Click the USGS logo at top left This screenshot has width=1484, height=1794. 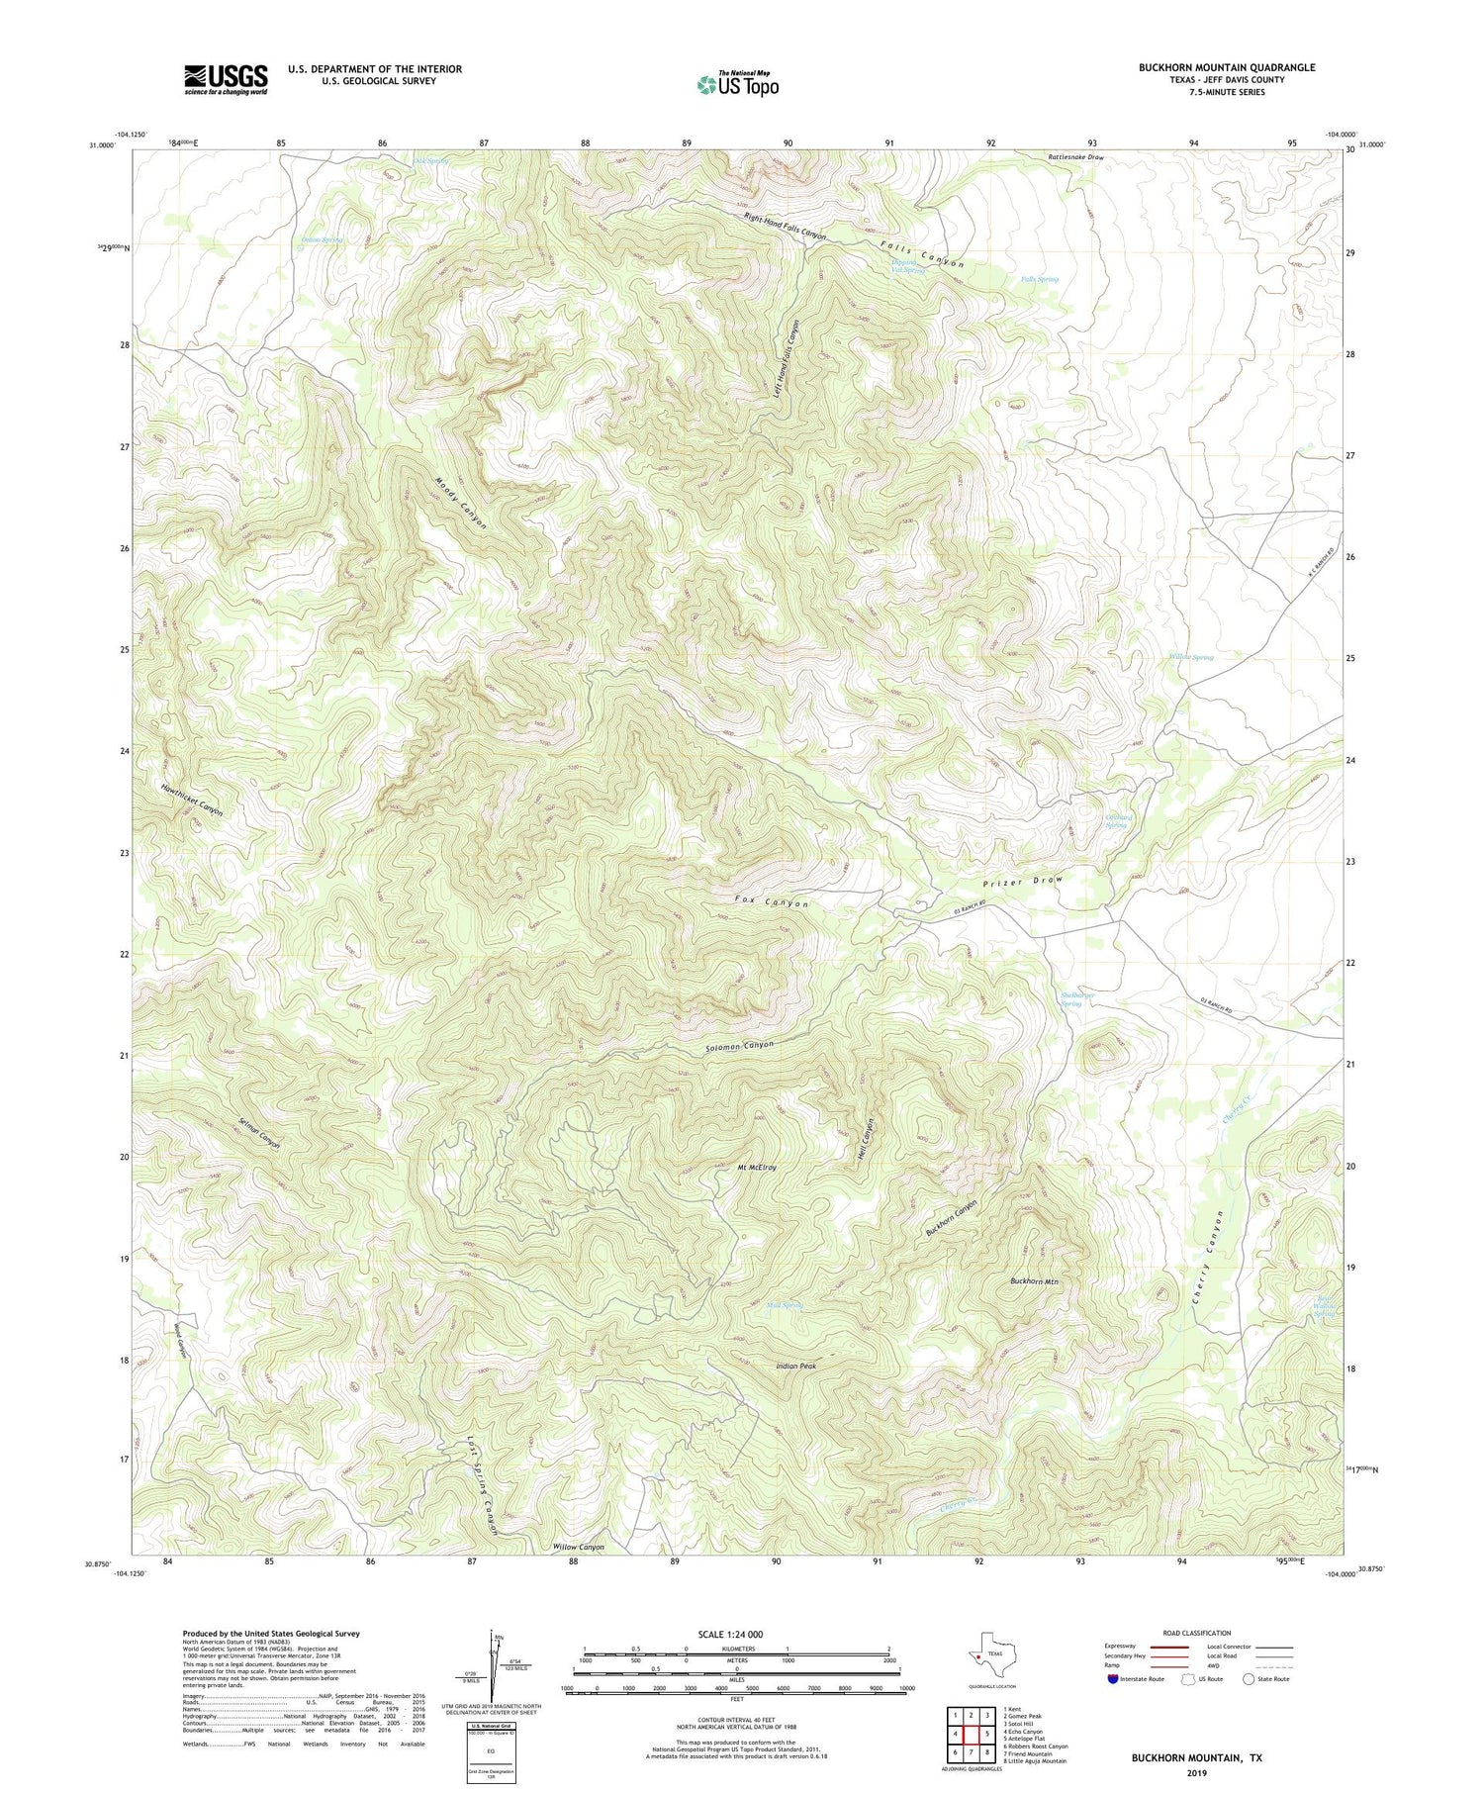(226, 79)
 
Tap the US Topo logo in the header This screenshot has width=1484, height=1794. (737, 85)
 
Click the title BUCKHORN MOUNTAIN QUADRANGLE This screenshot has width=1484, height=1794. (1226, 67)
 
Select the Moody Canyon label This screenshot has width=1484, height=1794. (461, 504)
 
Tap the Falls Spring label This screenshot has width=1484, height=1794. (1039, 279)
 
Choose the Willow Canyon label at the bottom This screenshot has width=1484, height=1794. (578, 1547)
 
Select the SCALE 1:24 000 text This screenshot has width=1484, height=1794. (736, 1634)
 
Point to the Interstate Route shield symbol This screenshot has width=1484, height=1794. (1114, 1678)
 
